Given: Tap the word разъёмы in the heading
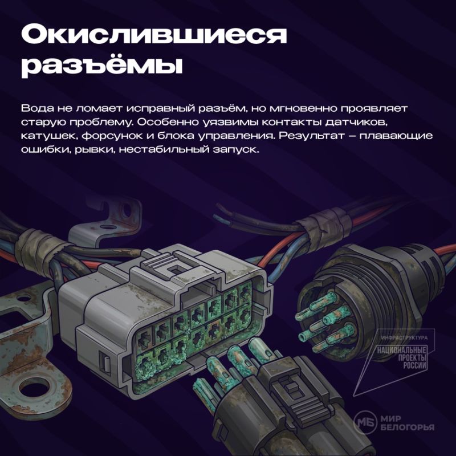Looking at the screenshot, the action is pyautogui.click(x=102, y=66).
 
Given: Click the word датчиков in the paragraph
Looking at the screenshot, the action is pyautogui.click(x=356, y=123).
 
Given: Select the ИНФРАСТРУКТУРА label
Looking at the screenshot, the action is pyautogui.click(x=404, y=337).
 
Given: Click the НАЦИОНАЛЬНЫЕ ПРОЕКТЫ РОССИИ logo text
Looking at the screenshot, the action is pyautogui.click(x=402, y=358).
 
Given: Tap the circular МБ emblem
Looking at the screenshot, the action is pyautogui.click(x=365, y=422).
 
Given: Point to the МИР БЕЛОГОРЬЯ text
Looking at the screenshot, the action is pyautogui.click(x=407, y=422).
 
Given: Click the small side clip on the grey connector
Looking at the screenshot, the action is pyautogui.click(x=105, y=361).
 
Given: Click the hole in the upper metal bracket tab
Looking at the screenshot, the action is pyautogui.click(x=127, y=209).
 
